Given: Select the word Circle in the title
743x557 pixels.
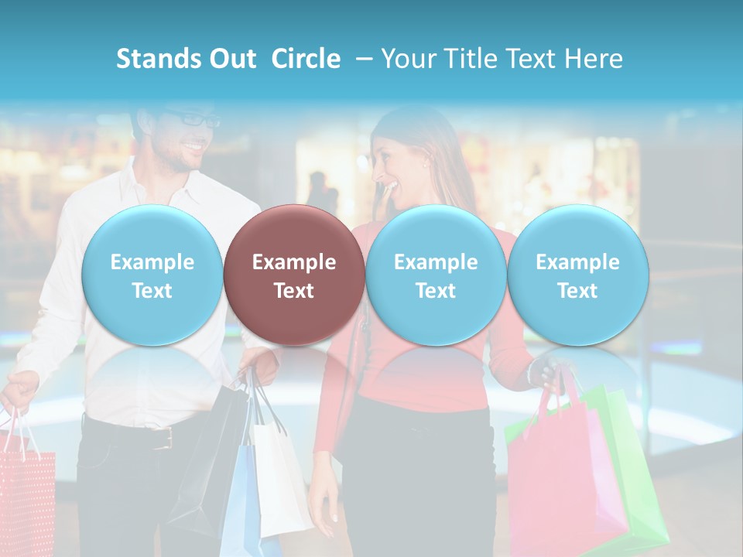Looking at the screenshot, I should [306, 59].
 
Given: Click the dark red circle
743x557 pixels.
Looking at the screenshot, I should [294, 275].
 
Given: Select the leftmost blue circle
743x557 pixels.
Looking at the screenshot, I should [152, 275].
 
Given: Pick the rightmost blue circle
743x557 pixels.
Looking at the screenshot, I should [578, 275].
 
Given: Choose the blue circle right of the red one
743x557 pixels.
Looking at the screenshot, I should [436, 275].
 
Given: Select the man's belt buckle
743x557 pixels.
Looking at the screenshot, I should [163, 439].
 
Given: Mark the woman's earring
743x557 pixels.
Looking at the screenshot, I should [425, 164].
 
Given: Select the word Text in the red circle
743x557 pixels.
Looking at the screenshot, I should [294, 291].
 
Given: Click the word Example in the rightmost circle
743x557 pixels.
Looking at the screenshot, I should [578, 262].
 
